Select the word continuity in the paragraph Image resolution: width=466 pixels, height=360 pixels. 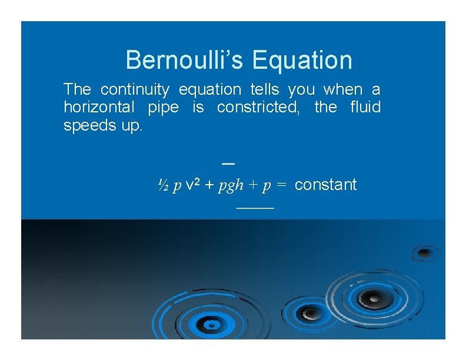point(135,90)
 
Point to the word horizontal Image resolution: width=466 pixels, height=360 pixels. point(98,108)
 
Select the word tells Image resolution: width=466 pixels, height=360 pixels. point(265,90)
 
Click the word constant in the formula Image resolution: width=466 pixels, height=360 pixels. point(325,185)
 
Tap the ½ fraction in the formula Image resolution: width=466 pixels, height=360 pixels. point(163,185)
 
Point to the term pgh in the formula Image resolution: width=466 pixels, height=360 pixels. point(231,186)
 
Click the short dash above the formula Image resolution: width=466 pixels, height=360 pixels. point(229,162)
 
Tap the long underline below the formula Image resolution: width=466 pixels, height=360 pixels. point(255,208)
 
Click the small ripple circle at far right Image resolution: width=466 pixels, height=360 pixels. point(424,253)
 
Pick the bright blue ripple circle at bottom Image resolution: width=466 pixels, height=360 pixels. point(208,322)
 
